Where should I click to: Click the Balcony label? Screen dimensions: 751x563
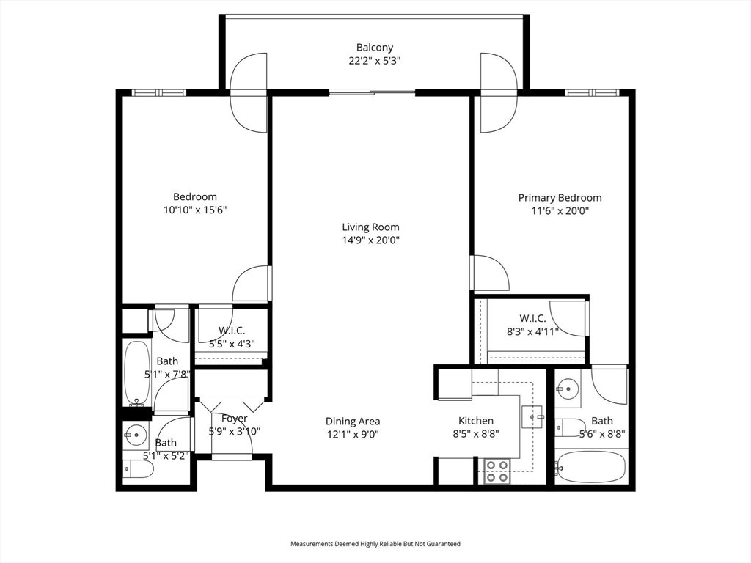[375, 48]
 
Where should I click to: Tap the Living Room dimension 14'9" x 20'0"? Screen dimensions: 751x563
[370, 240]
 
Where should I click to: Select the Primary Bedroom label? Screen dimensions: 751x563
[560, 198]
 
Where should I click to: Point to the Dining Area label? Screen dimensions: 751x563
[353, 422]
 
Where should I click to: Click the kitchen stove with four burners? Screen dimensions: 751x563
[497, 471]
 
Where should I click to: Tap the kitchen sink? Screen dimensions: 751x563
[532, 416]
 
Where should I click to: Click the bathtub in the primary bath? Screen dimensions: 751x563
[592, 466]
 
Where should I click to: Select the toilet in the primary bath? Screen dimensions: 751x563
[571, 427]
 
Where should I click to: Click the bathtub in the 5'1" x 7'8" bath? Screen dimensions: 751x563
[137, 373]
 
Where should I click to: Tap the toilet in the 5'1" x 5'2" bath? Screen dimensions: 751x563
[139, 470]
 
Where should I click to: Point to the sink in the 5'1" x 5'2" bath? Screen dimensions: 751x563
[136, 435]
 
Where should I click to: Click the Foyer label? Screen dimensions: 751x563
[235, 419]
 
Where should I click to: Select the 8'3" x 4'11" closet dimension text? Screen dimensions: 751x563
[532, 331]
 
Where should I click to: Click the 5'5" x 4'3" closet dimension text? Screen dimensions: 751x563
[232, 343]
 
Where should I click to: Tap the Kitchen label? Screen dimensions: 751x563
[476, 421]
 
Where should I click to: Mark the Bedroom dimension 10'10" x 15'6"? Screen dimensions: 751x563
[195, 210]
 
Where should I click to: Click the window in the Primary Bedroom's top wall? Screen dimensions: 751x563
[592, 93]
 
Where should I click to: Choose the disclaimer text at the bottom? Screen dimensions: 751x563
[375, 544]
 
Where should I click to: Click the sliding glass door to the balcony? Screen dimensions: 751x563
[372, 93]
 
